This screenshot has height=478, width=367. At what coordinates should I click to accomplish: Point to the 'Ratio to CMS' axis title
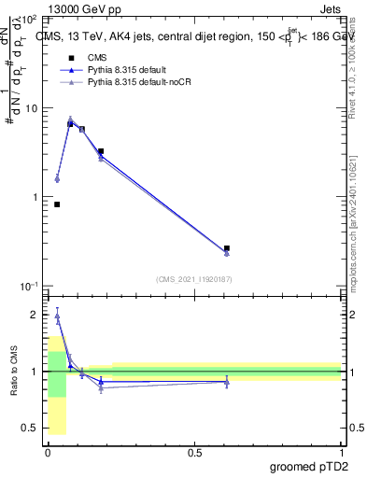coord(13,372)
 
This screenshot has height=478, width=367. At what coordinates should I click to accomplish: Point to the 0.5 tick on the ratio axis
coord(28,428)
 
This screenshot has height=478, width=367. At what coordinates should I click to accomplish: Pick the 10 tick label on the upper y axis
coord(28,108)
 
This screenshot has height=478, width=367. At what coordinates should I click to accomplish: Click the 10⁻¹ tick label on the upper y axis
coord(26,286)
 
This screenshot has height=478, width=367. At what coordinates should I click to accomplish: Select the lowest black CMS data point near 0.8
coord(57,204)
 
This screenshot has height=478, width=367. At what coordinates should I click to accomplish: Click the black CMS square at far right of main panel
coord(227,248)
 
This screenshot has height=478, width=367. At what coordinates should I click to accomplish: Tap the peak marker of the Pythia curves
coord(70,119)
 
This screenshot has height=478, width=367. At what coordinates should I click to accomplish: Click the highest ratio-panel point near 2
coord(57,316)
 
